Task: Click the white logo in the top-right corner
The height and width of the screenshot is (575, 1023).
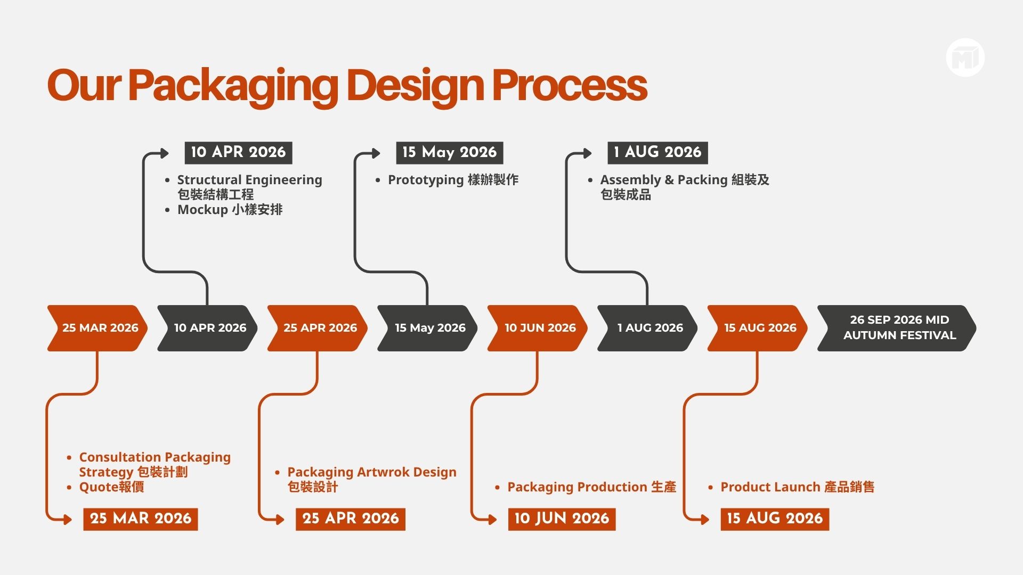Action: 965,57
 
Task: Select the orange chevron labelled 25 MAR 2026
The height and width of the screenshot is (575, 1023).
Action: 98,328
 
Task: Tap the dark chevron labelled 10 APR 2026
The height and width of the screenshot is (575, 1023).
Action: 207,328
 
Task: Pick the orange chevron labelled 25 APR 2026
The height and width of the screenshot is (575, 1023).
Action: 318,328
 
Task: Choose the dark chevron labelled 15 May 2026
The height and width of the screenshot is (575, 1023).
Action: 427,328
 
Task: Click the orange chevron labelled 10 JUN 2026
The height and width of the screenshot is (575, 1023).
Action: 538,328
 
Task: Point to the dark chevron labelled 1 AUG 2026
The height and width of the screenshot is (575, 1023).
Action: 647,328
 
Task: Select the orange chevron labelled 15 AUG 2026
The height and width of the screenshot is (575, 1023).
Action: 758,328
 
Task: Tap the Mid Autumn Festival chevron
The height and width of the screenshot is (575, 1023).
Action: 897,328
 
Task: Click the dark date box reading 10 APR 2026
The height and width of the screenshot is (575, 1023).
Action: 238,153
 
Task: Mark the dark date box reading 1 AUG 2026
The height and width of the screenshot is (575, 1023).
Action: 657,153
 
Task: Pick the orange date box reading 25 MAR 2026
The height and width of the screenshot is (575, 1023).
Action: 141,519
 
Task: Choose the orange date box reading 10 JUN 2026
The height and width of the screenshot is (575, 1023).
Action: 562,519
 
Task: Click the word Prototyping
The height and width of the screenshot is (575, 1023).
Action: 426,180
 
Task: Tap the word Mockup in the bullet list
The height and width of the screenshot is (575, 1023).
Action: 202,210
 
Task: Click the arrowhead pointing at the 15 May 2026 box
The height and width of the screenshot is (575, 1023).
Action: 376,153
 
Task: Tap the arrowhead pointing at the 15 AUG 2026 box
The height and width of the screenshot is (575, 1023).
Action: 705,520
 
